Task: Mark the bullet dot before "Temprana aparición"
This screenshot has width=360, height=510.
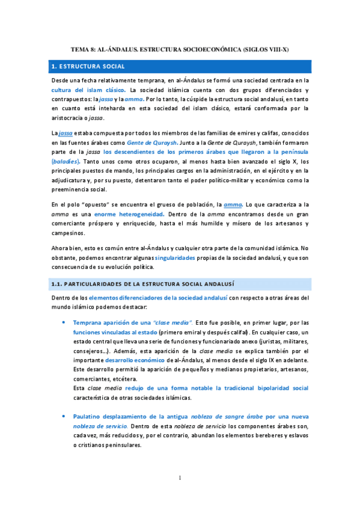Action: (64, 322)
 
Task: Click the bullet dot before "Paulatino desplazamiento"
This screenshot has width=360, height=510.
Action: (64, 417)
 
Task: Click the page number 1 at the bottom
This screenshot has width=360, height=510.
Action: (180, 478)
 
